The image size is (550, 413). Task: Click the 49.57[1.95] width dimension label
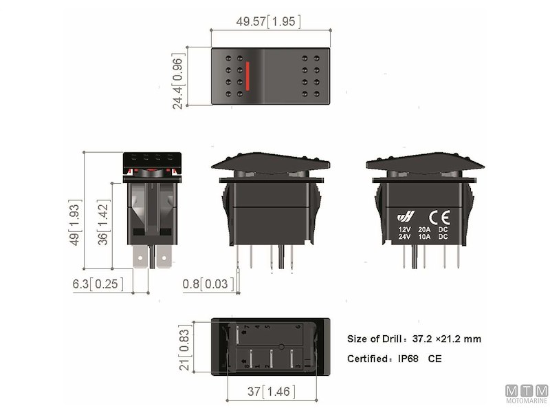[270, 22]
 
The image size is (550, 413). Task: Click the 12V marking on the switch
[405, 229]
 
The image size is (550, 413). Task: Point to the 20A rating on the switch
[424, 229]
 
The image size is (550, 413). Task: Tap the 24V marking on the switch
[405, 237]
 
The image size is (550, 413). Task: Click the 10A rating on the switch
[424, 237]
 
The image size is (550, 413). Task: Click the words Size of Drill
[375, 339]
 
